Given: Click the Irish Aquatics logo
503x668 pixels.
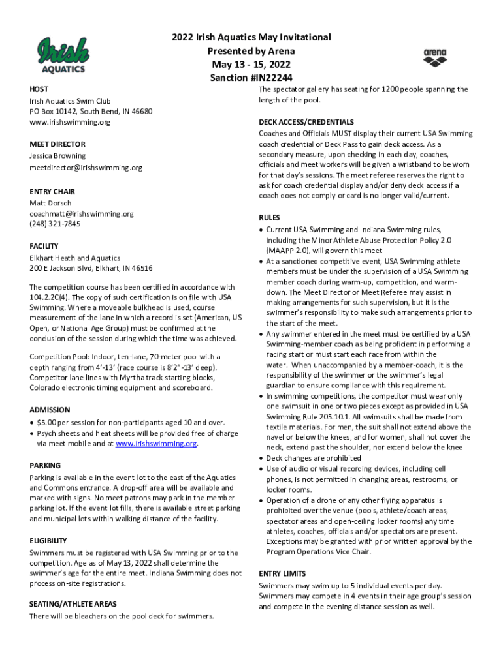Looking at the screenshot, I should pos(63,55).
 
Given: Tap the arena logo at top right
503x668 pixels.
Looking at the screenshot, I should pos(435,57).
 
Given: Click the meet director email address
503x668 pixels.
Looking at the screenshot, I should pos(86,168).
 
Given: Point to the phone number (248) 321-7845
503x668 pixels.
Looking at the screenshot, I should pos(56,224).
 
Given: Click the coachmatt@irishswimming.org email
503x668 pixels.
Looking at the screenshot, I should pos(82,213).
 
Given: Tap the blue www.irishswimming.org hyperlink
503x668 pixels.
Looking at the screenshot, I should pos(156,444).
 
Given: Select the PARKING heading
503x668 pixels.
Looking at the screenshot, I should pos(45,466).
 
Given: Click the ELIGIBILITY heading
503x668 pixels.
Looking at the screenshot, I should pos(48,541).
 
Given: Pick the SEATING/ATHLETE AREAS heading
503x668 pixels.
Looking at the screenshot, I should pos(73,604).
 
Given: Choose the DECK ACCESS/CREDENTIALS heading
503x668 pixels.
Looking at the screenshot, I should pos(306,122).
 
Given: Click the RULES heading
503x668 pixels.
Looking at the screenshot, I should pos(269,218).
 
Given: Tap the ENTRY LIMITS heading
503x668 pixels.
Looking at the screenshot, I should pos(282,573).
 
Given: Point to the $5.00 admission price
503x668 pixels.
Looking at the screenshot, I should pos(49,423).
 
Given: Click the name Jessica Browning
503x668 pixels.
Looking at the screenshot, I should pos(57,156).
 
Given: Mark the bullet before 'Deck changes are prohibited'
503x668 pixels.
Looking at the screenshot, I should pos(261,458).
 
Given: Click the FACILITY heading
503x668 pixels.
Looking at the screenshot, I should pos(44,246).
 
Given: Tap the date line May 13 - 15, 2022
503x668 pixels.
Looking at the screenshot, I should pos(252,65).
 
